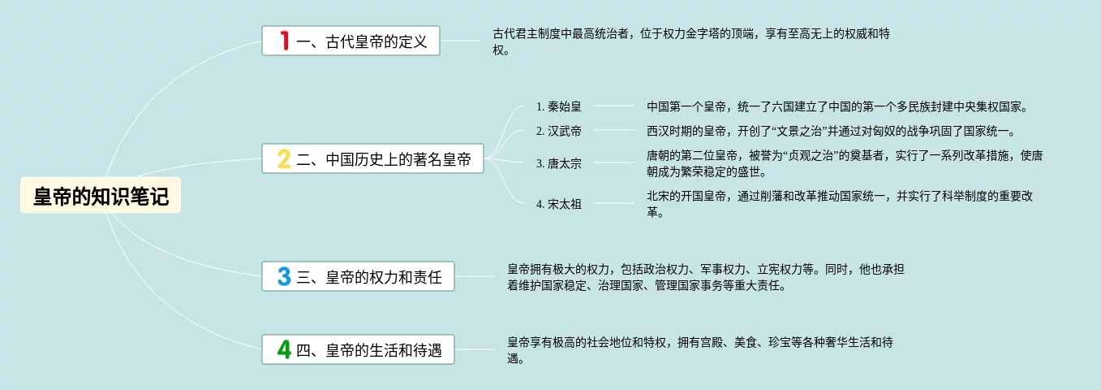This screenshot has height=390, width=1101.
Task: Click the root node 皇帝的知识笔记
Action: (101, 197)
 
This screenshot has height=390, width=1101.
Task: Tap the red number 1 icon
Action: (284, 41)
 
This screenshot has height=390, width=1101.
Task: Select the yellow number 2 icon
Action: (284, 158)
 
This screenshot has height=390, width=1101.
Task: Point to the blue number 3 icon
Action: (284, 276)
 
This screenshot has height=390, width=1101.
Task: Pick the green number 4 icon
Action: (284, 349)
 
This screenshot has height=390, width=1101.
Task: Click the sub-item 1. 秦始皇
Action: (559, 106)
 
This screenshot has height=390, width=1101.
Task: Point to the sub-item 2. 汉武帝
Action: (559, 131)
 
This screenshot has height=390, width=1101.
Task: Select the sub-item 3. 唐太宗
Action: (559, 163)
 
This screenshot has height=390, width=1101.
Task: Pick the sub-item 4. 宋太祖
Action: (559, 204)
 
